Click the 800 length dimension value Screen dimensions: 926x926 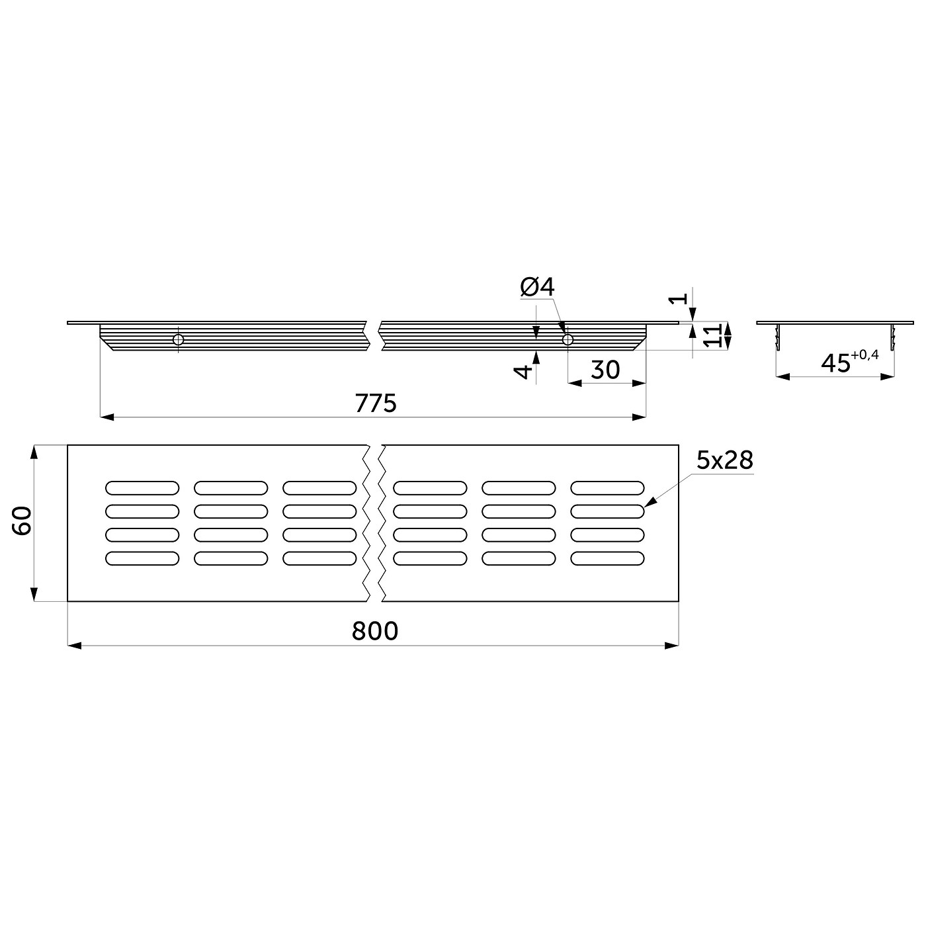(x=375, y=630)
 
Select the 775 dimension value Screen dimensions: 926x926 (x=376, y=403)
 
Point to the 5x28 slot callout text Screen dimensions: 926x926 (x=725, y=460)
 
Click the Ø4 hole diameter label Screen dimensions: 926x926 (x=537, y=287)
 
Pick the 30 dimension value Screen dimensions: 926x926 (x=605, y=370)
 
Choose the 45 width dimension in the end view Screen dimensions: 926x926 (x=835, y=364)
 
